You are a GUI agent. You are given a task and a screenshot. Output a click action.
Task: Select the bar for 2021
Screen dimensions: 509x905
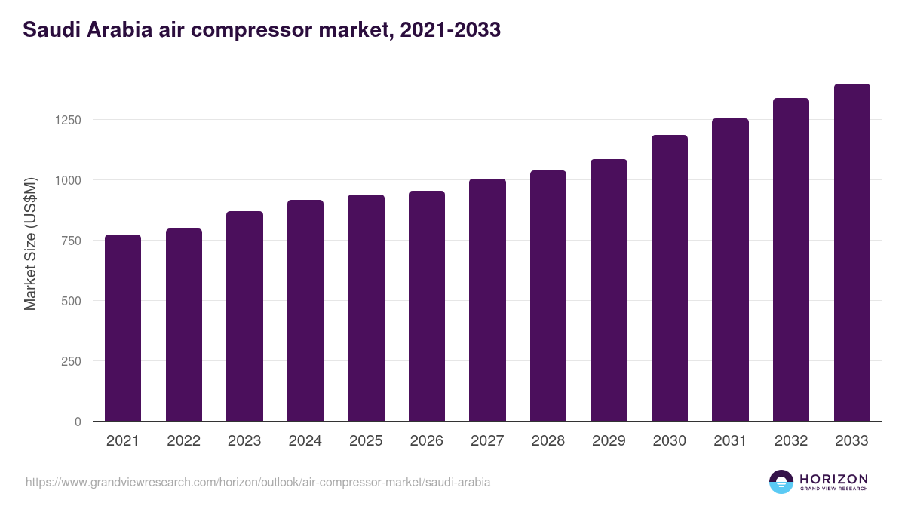click(123, 328)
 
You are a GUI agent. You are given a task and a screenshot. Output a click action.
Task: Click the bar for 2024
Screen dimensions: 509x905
click(305, 311)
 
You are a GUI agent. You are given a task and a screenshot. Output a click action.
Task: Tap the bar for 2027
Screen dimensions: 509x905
click(487, 300)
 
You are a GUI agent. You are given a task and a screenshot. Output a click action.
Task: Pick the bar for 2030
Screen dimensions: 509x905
click(670, 278)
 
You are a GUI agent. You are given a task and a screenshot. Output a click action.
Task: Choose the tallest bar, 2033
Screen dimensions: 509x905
click(851, 253)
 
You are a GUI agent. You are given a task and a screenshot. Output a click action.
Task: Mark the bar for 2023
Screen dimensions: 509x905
click(244, 316)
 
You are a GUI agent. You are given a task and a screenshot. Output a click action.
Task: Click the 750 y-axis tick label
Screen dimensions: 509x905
click(71, 241)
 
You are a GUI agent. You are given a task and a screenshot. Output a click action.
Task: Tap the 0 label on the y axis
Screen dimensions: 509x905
click(78, 422)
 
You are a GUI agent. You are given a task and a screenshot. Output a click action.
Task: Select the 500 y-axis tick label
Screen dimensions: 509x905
click(71, 301)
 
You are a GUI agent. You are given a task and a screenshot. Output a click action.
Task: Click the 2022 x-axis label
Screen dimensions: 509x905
click(184, 441)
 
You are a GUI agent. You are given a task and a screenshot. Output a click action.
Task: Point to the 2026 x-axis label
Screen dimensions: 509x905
click(427, 441)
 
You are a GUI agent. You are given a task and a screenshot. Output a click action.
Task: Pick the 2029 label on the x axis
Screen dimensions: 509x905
click(609, 441)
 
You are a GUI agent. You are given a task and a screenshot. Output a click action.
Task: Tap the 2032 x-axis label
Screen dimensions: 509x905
click(791, 441)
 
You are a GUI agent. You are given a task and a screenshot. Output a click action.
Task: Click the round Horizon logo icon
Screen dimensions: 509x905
click(781, 482)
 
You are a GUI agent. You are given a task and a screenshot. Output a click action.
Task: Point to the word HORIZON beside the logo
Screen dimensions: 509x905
click(833, 478)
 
